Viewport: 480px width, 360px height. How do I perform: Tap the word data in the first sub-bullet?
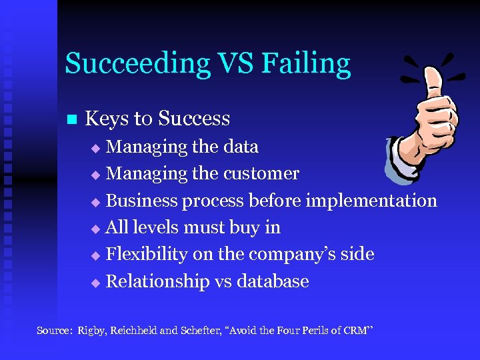(239, 147)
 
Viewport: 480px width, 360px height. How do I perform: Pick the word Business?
(141, 200)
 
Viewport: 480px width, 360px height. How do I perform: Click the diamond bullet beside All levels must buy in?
(95, 229)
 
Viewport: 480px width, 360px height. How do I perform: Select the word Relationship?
(158, 281)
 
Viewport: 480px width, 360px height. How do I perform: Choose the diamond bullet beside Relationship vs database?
(95, 283)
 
